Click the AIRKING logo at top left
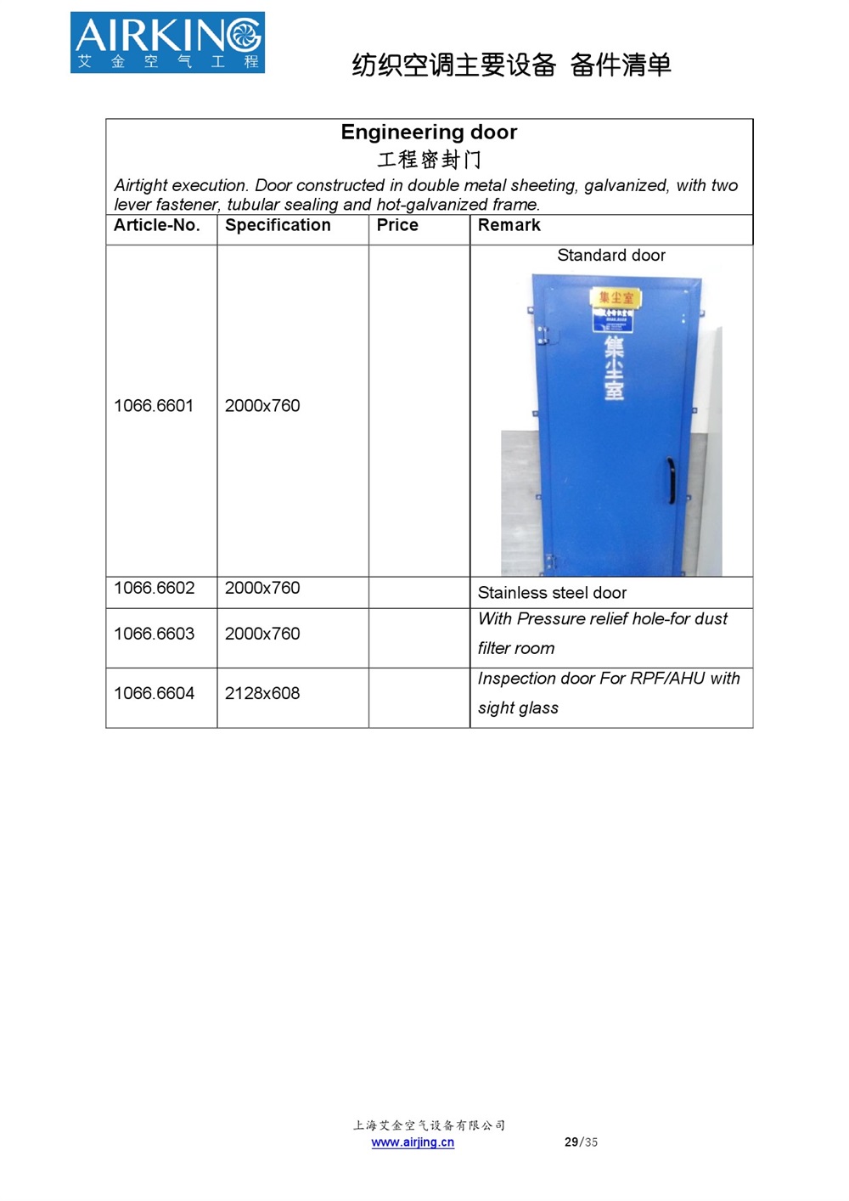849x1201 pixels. point(167,42)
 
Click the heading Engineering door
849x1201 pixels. point(429,133)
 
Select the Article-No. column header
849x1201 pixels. point(157,225)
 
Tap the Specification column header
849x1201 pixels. point(278,225)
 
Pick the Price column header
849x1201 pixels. point(397,225)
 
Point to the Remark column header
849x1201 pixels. point(509,225)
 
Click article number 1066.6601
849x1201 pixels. point(154,406)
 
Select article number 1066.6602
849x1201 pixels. point(154,588)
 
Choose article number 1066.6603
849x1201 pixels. point(154,634)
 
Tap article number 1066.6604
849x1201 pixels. point(154,693)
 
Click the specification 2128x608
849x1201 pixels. point(262,693)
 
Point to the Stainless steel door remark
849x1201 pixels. point(552,593)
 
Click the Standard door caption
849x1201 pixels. point(611,256)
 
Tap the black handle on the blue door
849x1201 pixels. point(671,480)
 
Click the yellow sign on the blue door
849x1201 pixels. point(616,297)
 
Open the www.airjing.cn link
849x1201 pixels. point(413,1142)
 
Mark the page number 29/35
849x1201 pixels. point(581,1142)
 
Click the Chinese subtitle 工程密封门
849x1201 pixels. point(429,160)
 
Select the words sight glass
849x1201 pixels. point(518,708)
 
